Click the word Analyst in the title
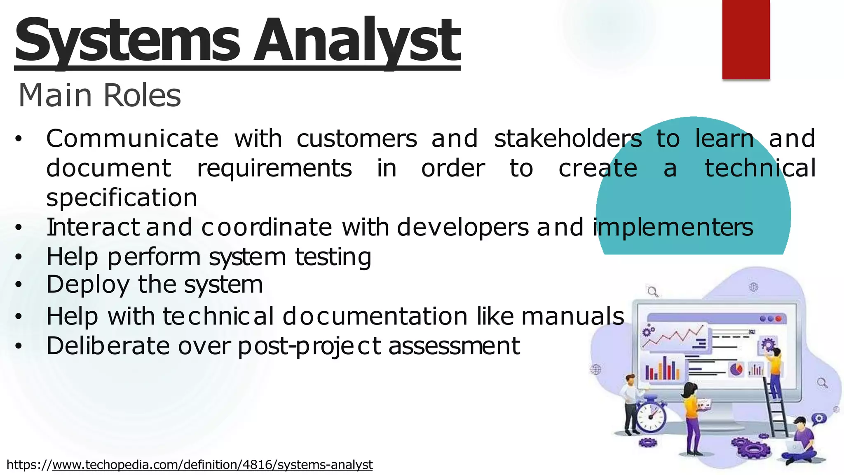pyautogui.click(x=356, y=41)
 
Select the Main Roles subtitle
pyautogui.click(x=100, y=95)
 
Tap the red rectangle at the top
pyautogui.click(x=746, y=39)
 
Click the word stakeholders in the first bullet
pyautogui.click(x=568, y=139)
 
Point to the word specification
pyautogui.click(x=122, y=198)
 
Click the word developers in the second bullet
pyautogui.click(x=462, y=228)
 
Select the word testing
pyautogui.click(x=333, y=257)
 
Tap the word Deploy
pyautogui.click(x=88, y=285)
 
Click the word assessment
pyautogui.click(x=454, y=346)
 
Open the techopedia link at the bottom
pyautogui.click(x=212, y=465)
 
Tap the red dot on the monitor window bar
pyautogui.click(x=778, y=319)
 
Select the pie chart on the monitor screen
pyautogui.click(x=736, y=369)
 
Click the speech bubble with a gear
pyautogui.click(x=818, y=419)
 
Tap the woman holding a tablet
pyautogui.click(x=692, y=416)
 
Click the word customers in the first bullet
pyautogui.click(x=357, y=139)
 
